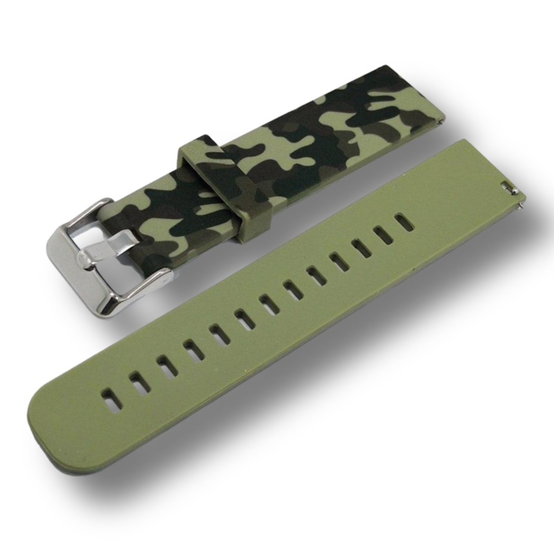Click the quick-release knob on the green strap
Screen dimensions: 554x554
pyautogui.click(x=508, y=186)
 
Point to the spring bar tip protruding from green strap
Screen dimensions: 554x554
pyautogui.click(x=519, y=206)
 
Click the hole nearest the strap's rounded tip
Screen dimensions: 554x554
pyautogui.click(x=109, y=397)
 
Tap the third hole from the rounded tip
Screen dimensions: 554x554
pyautogui.click(x=163, y=365)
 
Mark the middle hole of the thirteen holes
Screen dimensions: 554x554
pyautogui.click(x=268, y=302)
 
